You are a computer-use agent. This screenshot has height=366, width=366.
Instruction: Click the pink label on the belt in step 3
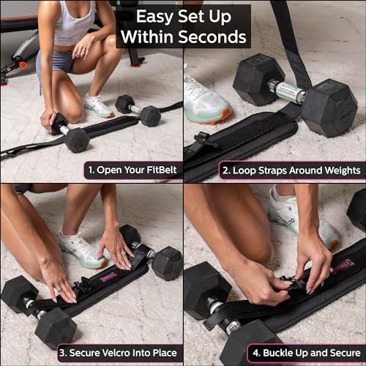[108, 277]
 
